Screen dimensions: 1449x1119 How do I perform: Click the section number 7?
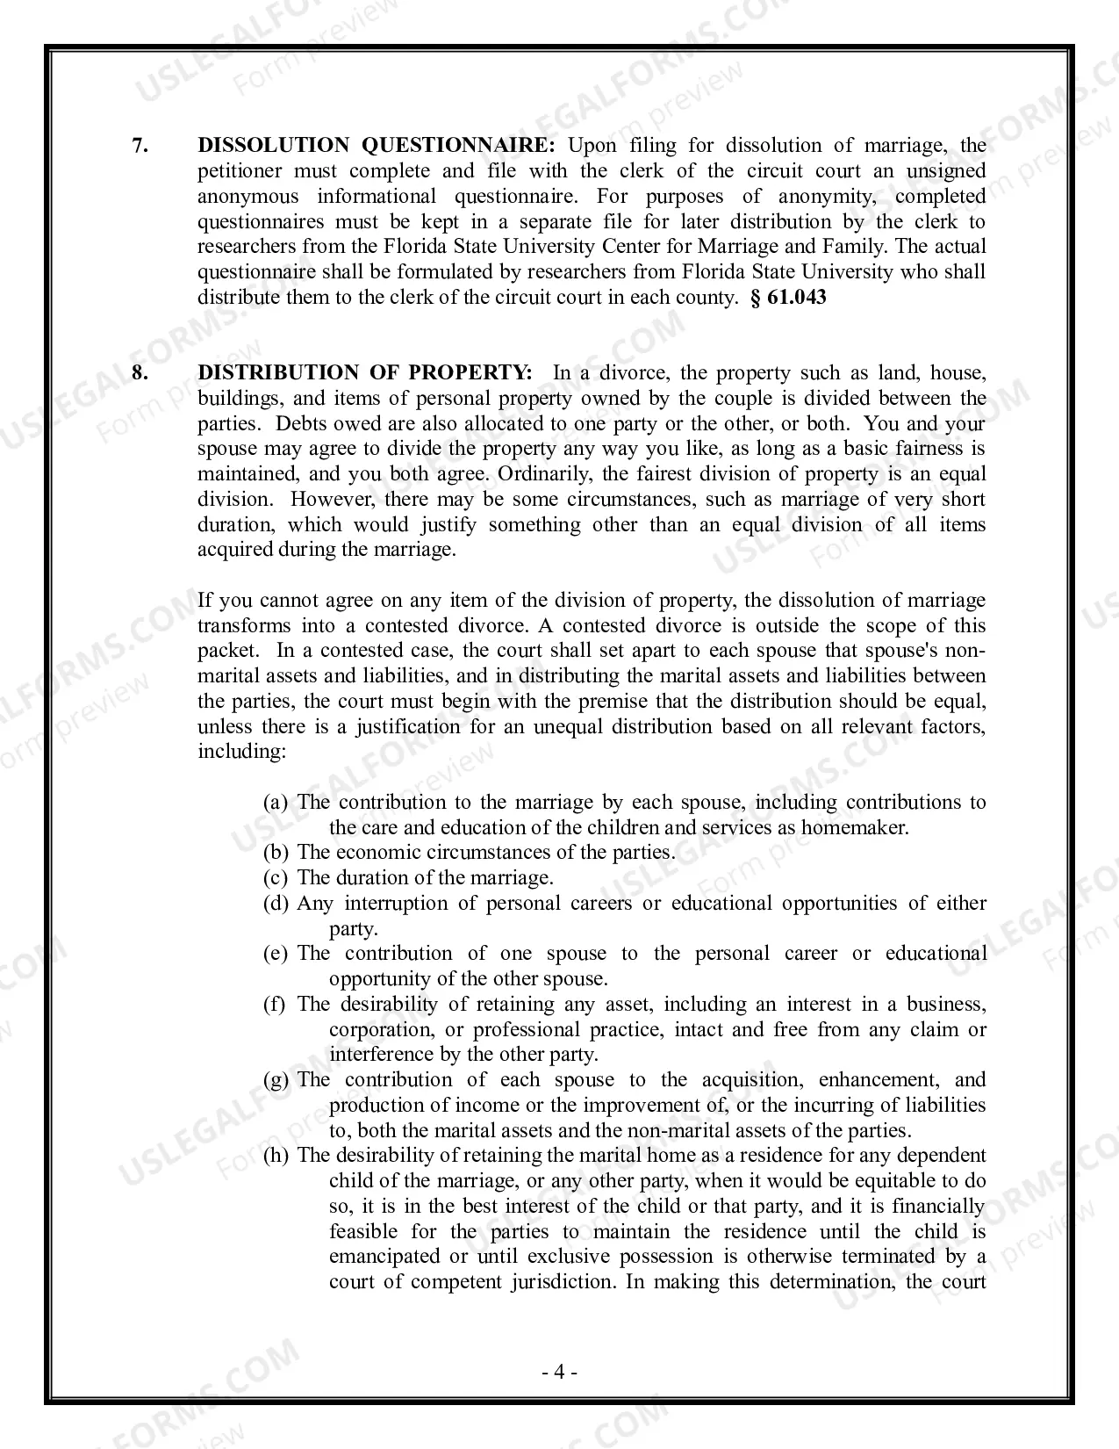tap(140, 146)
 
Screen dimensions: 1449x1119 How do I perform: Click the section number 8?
tap(140, 373)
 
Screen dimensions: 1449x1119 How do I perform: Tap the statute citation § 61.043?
tap(788, 298)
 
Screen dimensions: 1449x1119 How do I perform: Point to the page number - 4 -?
tap(558, 1373)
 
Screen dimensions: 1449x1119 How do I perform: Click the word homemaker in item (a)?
tap(854, 828)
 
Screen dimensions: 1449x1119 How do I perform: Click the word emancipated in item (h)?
tap(384, 1257)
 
